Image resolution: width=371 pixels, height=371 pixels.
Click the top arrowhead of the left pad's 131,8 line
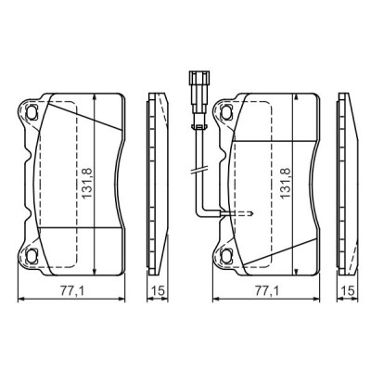[96, 97]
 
